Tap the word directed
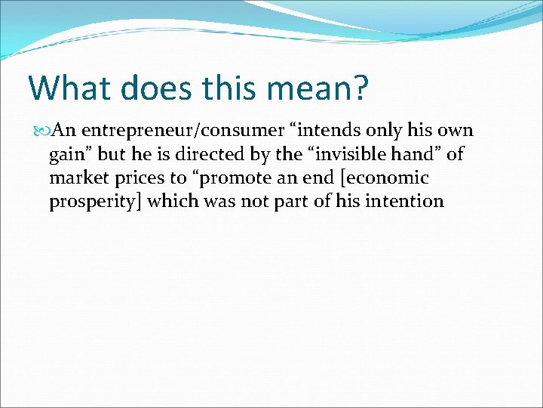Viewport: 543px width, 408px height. [214, 154]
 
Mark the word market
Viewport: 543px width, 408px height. [75, 178]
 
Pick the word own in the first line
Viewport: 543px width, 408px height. [455, 131]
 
